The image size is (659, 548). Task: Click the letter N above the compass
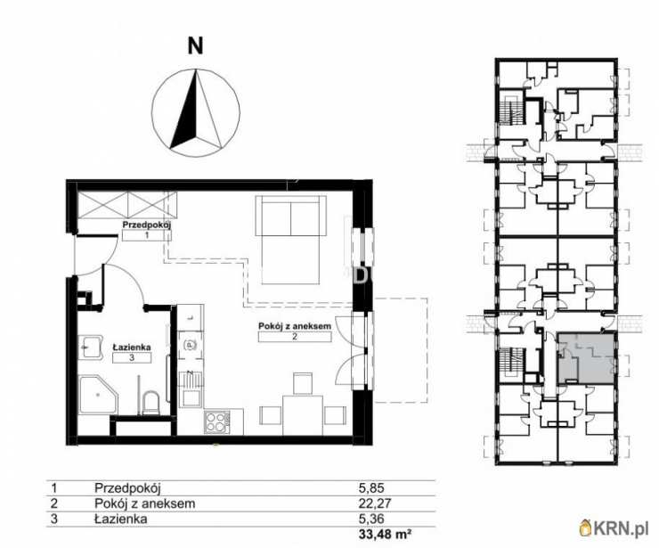click(195, 45)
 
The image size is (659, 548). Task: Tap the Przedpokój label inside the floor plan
click(147, 225)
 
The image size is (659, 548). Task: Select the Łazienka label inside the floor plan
click(132, 348)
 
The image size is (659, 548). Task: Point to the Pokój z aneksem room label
click(295, 326)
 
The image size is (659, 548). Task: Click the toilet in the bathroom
click(150, 402)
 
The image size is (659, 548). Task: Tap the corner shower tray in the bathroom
click(98, 395)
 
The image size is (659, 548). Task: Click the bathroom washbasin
click(90, 347)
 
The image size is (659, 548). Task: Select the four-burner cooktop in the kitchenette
click(217, 421)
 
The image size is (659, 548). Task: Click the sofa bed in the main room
click(290, 241)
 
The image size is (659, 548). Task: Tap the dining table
click(303, 414)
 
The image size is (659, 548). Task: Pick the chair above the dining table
click(303, 383)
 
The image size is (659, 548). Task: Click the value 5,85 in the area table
click(371, 488)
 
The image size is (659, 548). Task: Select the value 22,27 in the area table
click(374, 503)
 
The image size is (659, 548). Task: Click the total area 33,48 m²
click(385, 535)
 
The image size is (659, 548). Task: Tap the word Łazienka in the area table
click(120, 519)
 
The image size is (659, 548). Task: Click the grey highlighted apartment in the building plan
click(586, 357)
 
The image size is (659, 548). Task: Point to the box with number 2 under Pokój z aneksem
click(295, 337)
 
